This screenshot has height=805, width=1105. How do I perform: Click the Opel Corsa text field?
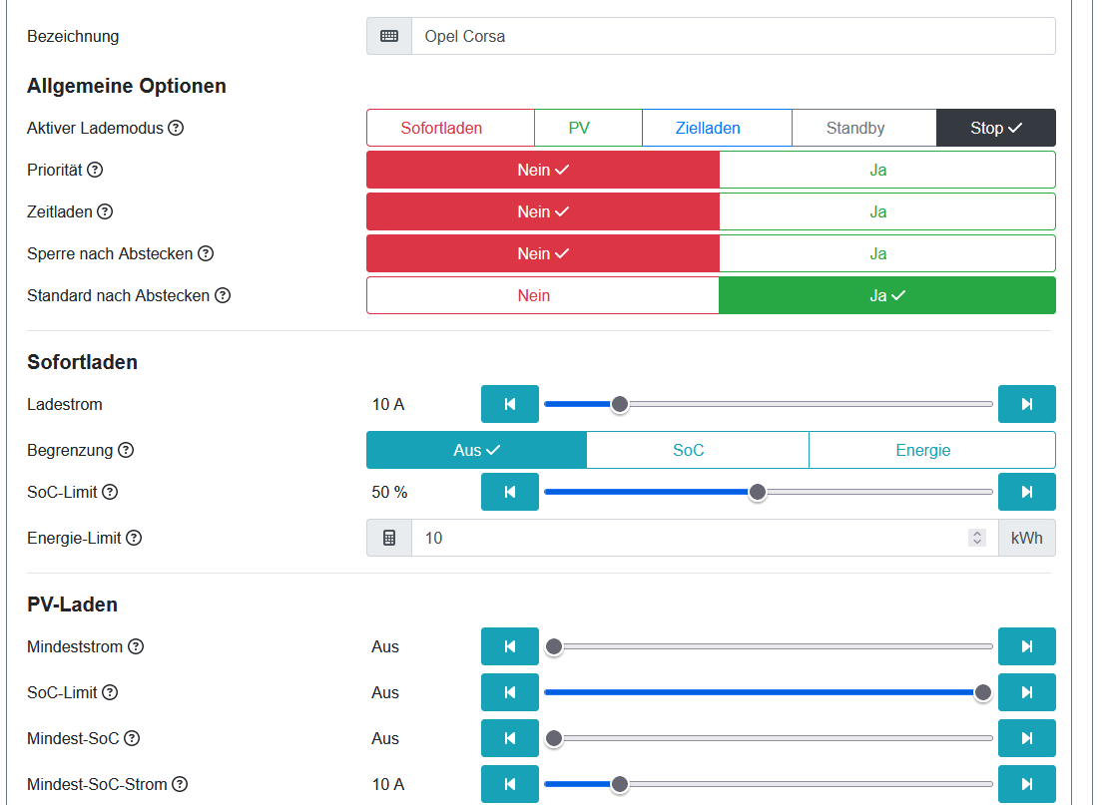click(732, 36)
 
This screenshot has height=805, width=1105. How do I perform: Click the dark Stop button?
click(995, 128)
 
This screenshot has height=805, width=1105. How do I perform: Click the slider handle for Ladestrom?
click(620, 404)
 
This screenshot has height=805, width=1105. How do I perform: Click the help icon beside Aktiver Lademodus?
click(176, 128)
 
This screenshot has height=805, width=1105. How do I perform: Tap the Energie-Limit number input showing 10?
click(689, 538)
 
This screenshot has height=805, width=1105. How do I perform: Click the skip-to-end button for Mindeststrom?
click(1026, 646)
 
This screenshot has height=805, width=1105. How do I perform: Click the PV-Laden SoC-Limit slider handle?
click(983, 692)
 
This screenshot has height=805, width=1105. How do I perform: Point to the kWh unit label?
click(1026, 538)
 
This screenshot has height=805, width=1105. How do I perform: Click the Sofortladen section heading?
click(82, 362)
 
